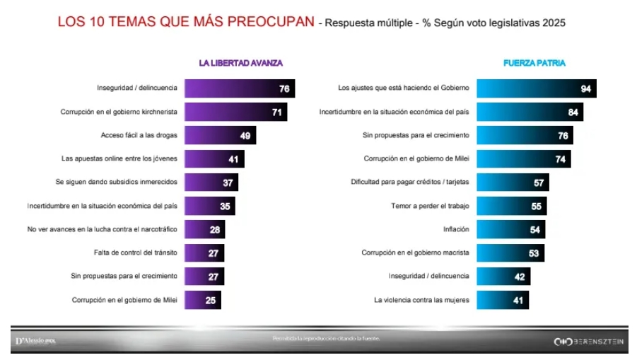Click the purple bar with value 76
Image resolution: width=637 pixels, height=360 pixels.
point(239,88)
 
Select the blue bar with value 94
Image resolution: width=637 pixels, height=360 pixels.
point(536,88)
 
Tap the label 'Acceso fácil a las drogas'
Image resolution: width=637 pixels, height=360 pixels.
point(139,135)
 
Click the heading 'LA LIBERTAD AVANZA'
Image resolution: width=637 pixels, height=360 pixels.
point(240,63)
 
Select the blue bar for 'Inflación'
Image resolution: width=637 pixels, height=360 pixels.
point(510,229)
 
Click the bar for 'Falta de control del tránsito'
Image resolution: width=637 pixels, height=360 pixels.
point(204,252)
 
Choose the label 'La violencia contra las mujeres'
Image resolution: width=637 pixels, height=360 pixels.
point(421,299)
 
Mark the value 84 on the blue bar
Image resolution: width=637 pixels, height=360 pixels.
point(573,112)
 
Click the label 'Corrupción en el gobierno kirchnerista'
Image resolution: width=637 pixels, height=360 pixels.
point(119,112)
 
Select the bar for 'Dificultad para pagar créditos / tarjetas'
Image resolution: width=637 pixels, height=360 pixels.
point(512,182)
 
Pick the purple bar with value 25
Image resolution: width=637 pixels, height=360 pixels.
point(203,299)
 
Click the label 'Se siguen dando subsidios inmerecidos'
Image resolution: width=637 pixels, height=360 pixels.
point(116,182)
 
